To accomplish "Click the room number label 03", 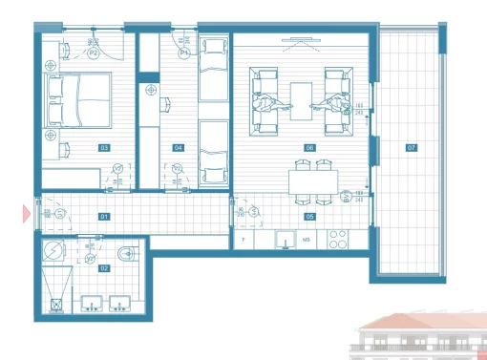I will point(104,148).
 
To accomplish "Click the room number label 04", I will point(178,148).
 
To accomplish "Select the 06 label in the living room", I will point(309,148).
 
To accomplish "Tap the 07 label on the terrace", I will point(412,148).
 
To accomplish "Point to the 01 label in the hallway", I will point(104,217).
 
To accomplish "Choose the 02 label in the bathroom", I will point(104,268).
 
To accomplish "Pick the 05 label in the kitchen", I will point(309,217).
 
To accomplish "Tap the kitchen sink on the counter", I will point(284,239).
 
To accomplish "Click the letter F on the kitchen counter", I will point(246,239).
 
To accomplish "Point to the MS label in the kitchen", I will point(307,239).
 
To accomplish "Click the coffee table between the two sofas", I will point(302,97).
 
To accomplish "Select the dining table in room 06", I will point(314,181).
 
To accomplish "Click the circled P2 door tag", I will point(94,54).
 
